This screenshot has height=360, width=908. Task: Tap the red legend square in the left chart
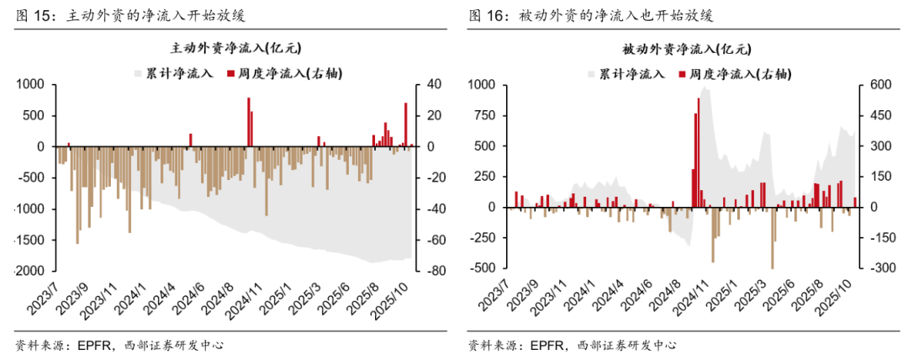[230, 74]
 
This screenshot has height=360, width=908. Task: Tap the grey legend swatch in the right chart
[592, 74]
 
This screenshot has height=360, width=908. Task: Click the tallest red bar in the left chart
[248, 122]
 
